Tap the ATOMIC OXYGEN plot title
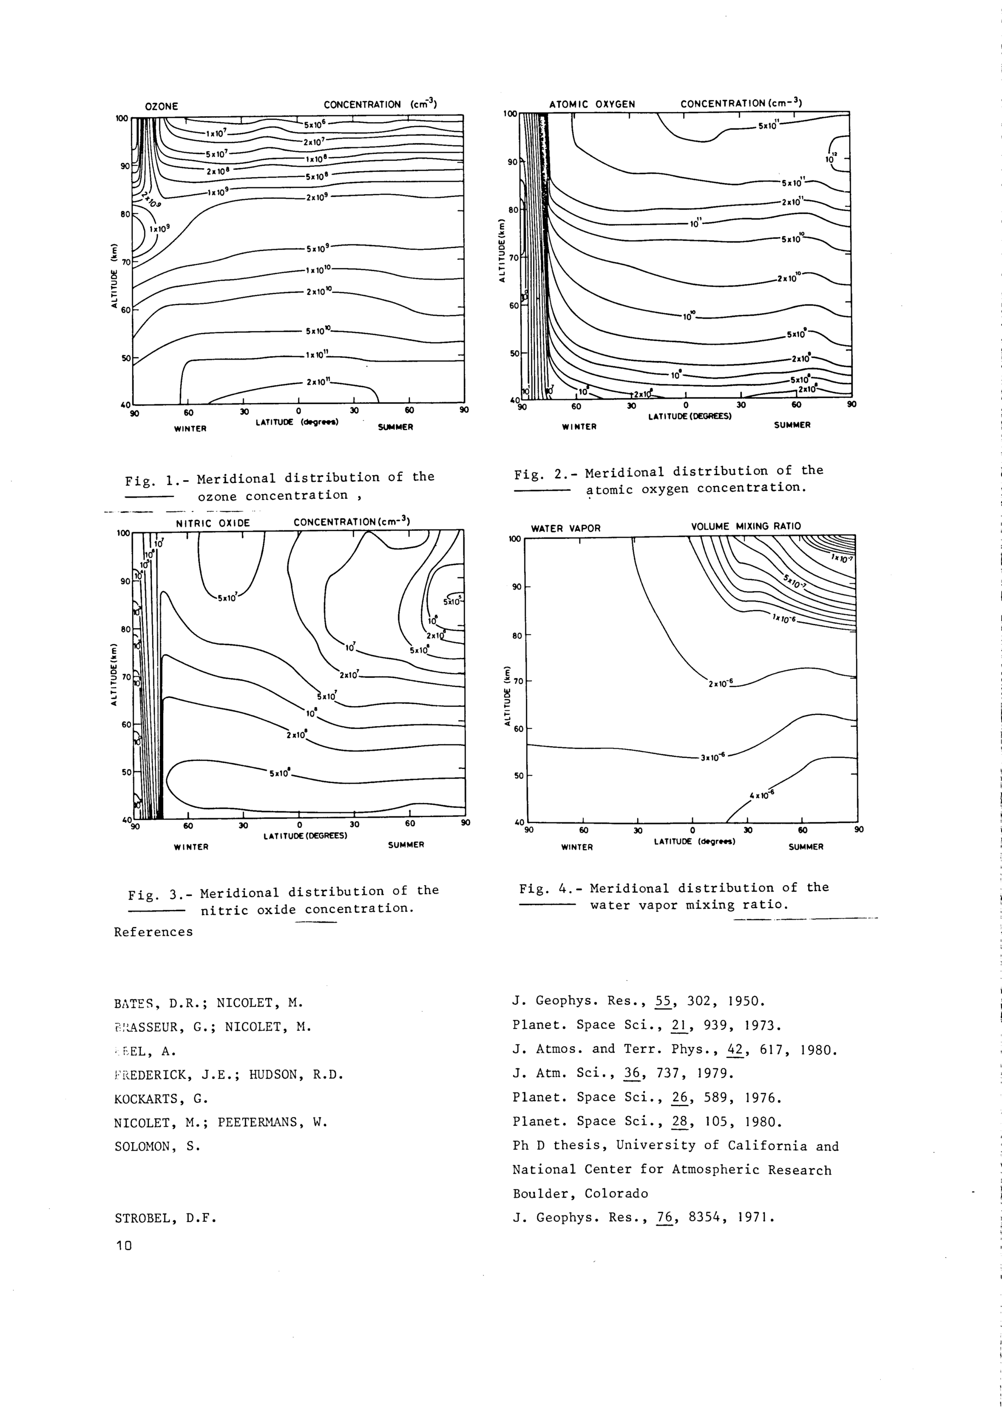click(x=592, y=104)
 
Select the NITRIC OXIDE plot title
click(x=213, y=523)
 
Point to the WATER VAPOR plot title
click(x=566, y=528)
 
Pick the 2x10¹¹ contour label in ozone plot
click(x=319, y=382)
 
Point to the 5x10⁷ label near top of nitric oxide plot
click(x=226, y=598)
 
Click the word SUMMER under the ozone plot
click(x=395, y=427)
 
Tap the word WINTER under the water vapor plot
click(x=577, y=848)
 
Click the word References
click(x=153, y=932)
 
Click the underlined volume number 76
click(x=664, y=1218)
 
